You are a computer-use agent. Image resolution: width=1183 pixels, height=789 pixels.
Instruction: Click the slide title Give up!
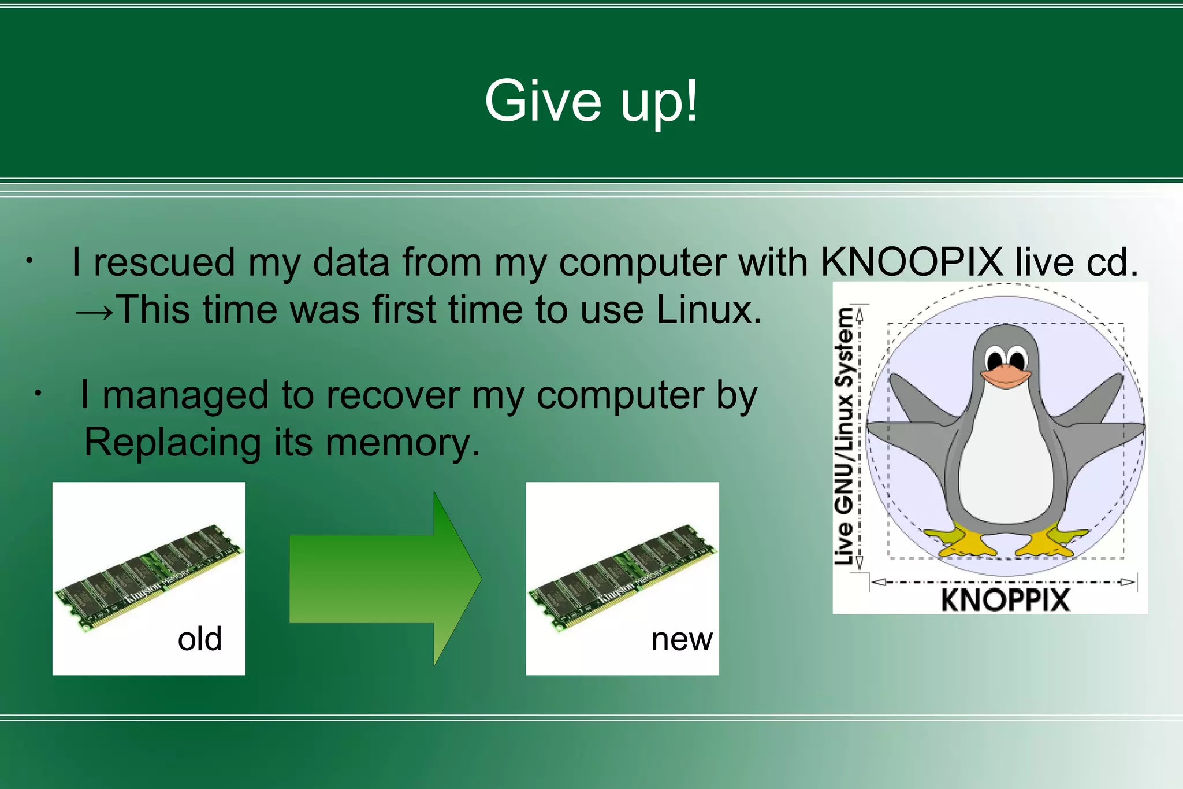pos(591,102)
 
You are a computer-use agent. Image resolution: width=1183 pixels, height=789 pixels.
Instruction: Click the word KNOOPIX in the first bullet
pos(912,262)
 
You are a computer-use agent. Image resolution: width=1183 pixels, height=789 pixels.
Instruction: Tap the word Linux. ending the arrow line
pos(709,310)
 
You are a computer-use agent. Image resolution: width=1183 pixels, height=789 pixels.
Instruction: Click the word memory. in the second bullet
pos(403,443)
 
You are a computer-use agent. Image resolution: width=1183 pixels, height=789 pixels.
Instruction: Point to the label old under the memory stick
pos(199,639)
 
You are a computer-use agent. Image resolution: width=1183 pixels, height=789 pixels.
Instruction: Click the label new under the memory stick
pos(682,639)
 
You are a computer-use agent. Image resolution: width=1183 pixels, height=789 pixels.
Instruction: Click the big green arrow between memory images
pos(385,579)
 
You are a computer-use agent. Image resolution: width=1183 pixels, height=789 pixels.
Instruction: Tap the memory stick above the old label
pos(149,576)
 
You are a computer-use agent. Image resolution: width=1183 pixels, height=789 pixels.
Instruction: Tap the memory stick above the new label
pos(623,576)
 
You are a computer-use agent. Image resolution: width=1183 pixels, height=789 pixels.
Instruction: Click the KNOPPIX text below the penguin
pos(1005,599)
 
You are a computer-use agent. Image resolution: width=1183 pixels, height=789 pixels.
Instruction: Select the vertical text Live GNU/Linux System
pos(845,436)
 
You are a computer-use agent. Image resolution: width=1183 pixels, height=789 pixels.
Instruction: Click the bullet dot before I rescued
pos(28,261)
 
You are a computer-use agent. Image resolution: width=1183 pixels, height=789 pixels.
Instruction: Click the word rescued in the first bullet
pos(165,262)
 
